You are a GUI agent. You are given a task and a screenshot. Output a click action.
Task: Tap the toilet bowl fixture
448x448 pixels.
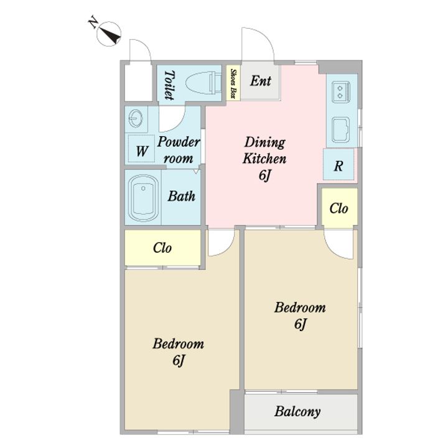click(x=203, y=83)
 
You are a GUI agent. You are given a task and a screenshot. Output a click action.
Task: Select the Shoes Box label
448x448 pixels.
click(x=233, y=83)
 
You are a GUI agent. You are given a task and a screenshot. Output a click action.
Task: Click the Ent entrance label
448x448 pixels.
click(x=260, y=80)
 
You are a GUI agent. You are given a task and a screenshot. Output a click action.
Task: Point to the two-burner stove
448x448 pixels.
click(x=341, y=91)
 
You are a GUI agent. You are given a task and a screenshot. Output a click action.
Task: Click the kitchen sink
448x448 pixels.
click(x=341, y=130)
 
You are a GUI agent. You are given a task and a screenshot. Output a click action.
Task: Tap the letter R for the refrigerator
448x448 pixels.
click(x=338, y=165)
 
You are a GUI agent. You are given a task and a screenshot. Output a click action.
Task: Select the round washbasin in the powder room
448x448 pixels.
click(x=136, y=118)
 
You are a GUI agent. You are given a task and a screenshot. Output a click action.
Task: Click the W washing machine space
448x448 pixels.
click(x=142, y=151)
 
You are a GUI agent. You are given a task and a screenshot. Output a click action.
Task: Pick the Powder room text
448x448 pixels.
click(x=179, y=150)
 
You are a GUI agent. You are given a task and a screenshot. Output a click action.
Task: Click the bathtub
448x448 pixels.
click(x=144, y=198)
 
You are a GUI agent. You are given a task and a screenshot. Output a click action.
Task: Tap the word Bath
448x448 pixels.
click(x=182, y=196)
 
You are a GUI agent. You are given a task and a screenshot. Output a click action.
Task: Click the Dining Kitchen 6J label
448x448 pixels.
click(x=264, y=159)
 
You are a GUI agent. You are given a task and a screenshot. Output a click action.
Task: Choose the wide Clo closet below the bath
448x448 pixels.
click(x=162, y=248)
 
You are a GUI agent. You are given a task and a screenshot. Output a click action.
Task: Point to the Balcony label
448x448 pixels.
click(x=297, y=412)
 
